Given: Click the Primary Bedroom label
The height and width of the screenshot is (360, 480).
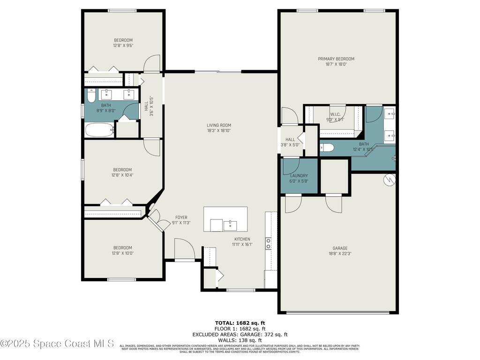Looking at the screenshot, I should point(336,59).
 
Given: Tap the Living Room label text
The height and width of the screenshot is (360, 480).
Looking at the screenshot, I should point(219,125).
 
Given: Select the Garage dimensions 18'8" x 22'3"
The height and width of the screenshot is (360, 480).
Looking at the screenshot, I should point(340,254).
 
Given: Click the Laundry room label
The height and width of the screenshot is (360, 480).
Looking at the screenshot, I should point(299,176).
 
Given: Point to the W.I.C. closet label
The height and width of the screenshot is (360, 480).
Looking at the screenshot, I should point(335,114).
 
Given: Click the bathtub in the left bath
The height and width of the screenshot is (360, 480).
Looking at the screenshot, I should point(99,130).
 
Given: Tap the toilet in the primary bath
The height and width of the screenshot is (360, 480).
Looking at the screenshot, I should point(327,148).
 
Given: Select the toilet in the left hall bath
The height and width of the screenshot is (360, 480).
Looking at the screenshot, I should point(91,96).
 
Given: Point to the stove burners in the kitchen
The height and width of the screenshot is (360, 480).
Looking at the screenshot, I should point(269,243).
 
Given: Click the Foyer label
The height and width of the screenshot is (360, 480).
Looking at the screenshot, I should point(181,217).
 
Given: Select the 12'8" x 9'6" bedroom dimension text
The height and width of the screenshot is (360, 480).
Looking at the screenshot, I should point(123,45).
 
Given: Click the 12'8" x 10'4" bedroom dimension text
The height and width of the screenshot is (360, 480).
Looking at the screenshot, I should point(122,175).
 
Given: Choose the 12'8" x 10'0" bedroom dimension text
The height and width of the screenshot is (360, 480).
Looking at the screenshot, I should point(122,253).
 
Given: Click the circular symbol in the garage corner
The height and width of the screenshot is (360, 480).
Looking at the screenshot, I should point(389,180).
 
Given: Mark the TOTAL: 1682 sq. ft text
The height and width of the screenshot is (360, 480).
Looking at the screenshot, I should point(240,323).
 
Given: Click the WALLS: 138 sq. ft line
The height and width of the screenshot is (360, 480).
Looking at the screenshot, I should point(240,340).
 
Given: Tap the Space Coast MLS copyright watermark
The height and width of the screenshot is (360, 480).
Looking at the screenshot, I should point(57,344).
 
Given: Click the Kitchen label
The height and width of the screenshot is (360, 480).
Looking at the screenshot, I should point(242,239).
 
